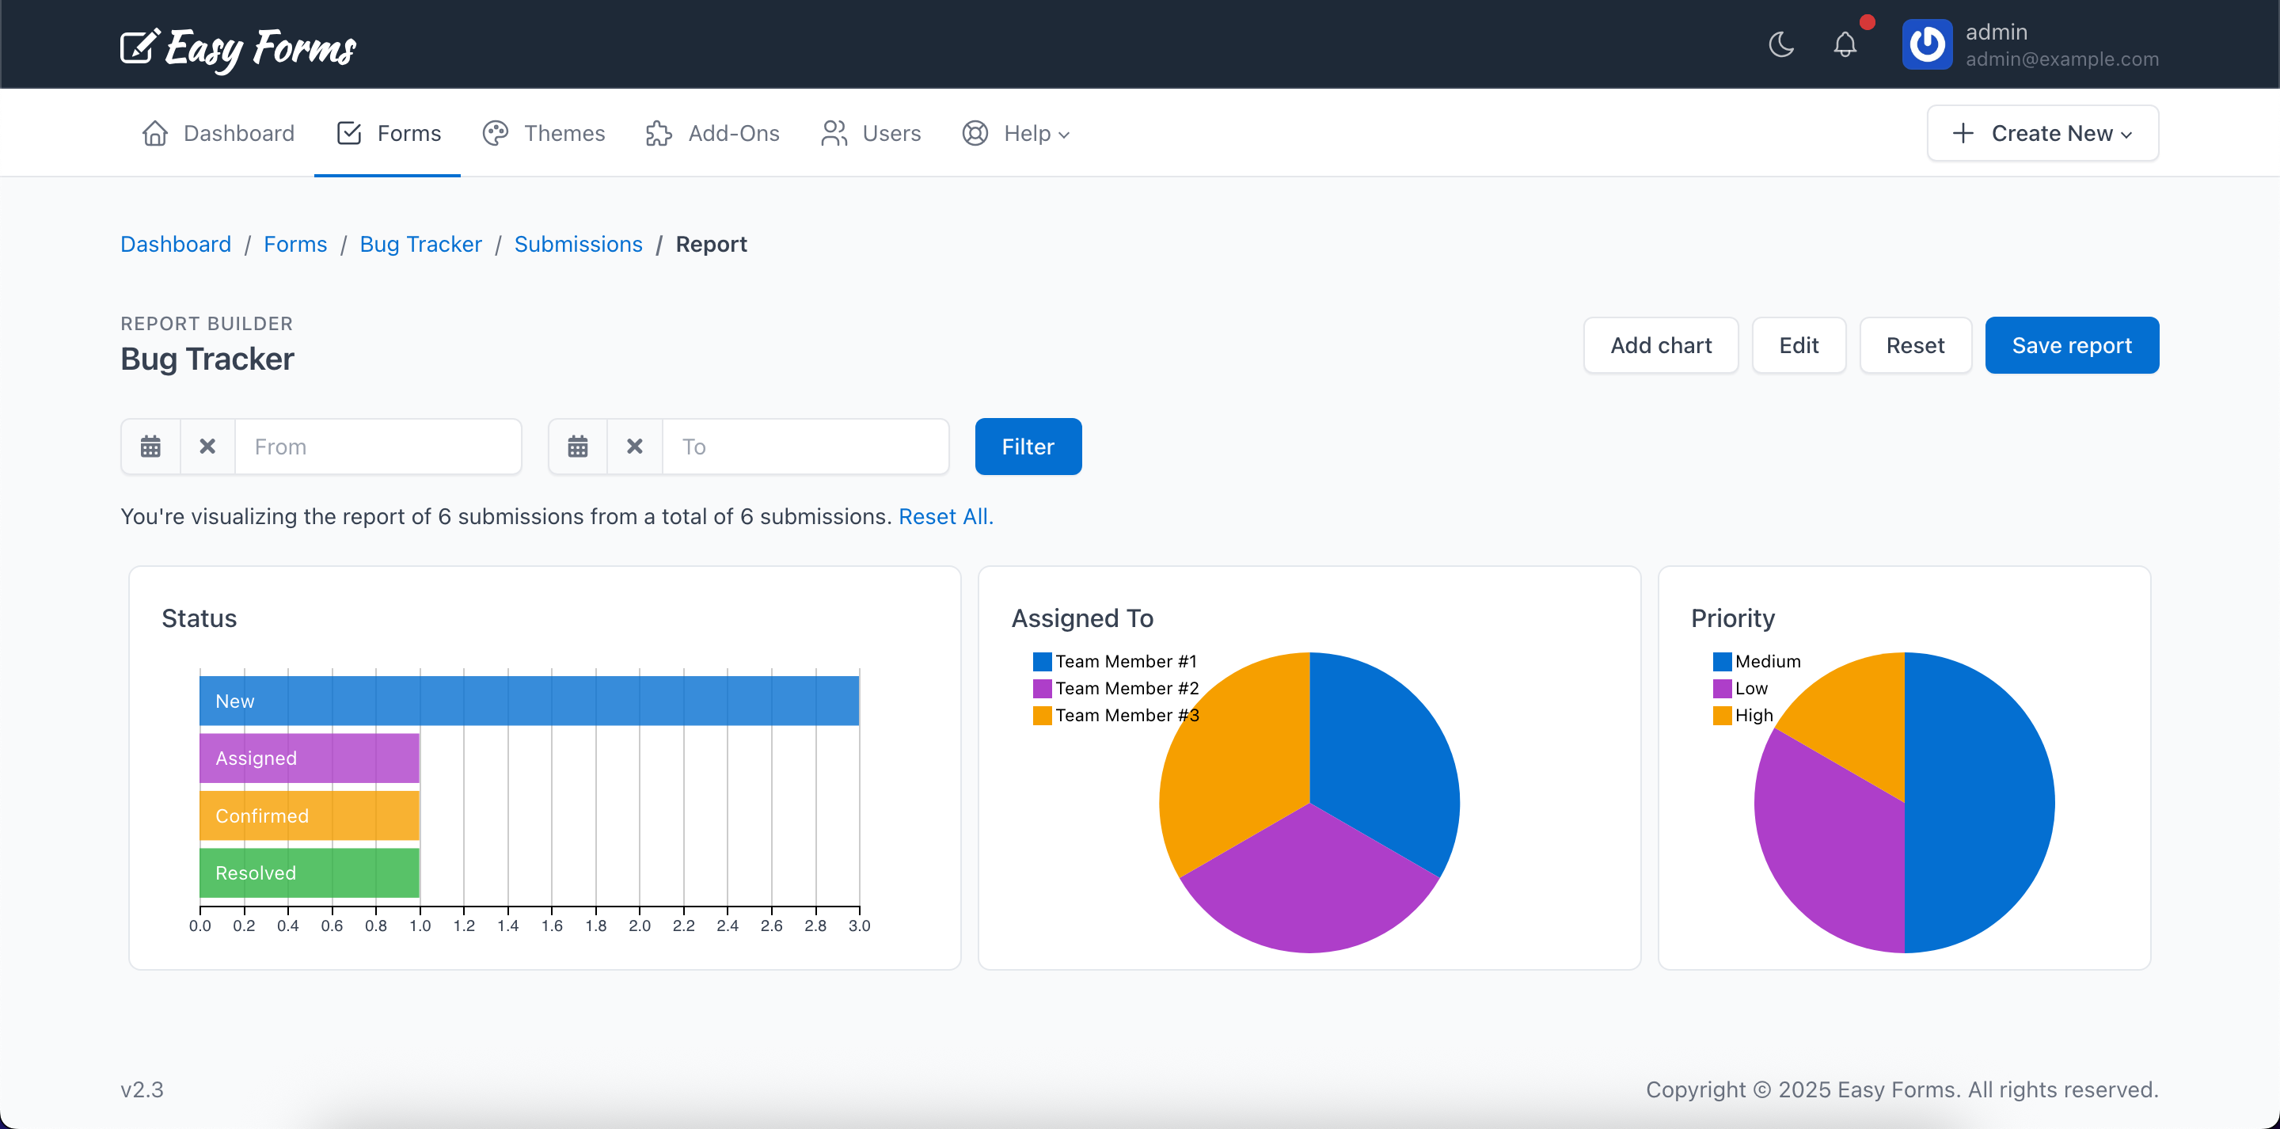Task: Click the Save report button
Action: click(2071, 345)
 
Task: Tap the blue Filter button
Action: click(1028, 447)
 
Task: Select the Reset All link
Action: click(945, 516)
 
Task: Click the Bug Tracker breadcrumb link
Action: click(420, 245)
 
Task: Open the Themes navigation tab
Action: click(545, 133)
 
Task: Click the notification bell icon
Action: click(1845, 44)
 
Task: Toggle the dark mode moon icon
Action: click(1780, 44)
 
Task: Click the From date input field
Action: click(378, 447)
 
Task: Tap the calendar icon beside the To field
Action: click(578, 447)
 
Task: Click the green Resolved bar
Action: click(309, 873)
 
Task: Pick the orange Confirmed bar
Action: click(309, 815)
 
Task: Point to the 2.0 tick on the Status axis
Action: click(639, 926)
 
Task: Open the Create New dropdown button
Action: click(2042, 133)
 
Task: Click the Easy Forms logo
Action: click(238, 48)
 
